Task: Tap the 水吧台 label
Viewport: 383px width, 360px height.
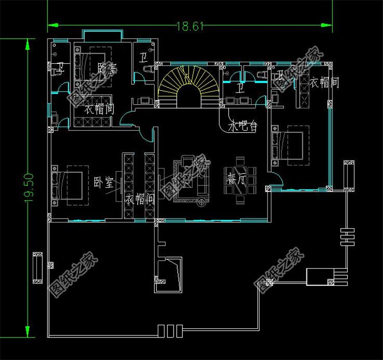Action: click(x=243, y=126)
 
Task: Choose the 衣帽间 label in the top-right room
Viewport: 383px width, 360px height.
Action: click(x=324, y=83)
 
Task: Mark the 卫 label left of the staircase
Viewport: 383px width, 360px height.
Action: click(x=143, y=58)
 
